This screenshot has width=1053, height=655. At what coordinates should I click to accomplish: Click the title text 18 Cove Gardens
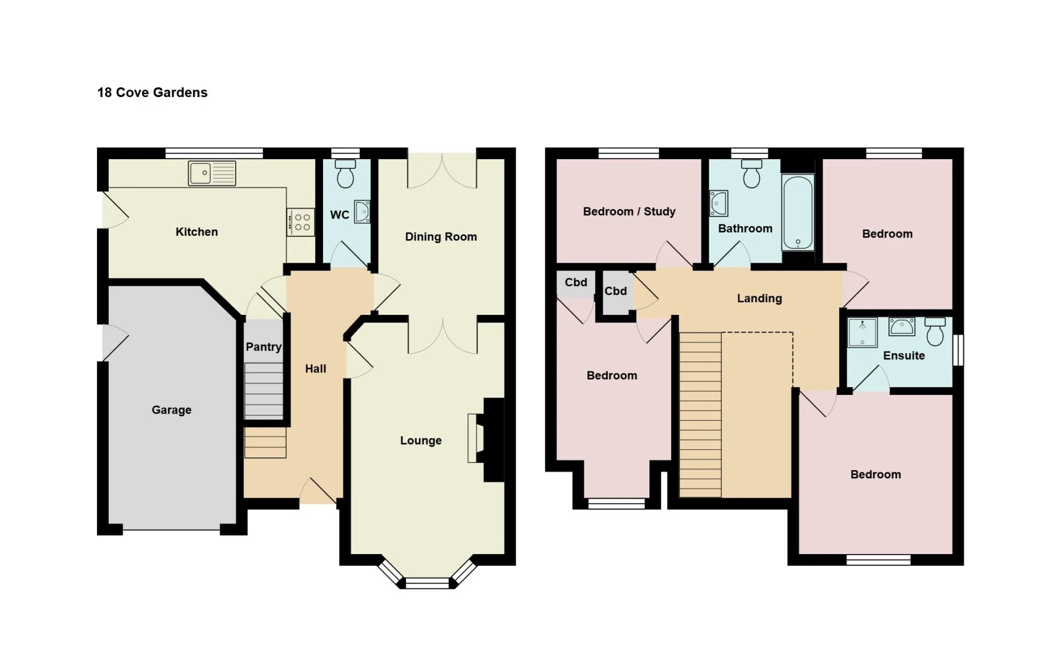click(x=152, y=92)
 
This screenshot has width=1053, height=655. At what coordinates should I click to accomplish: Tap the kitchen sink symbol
click(x=212, y=173)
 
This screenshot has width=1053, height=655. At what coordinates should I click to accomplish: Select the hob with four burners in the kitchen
click(x=301, y=222)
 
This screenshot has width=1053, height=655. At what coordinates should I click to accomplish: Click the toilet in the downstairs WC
click(x=346, y=173)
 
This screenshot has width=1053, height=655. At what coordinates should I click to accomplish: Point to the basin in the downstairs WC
click(x=362, y=212)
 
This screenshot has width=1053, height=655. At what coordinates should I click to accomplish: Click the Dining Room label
click(x=441, y=237)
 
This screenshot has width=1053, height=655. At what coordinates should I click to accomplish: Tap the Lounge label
click(x=421, y=441)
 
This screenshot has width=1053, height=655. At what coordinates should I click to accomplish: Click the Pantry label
click(x=263, y=347)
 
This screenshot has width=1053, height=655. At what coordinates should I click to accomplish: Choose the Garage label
click(x=172, y=410)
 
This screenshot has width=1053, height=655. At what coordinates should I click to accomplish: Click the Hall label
click(x=315, y=369)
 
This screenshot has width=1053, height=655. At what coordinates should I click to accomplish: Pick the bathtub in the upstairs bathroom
click(x=798, y=213)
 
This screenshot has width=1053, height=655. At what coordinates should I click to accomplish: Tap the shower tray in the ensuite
click(x=863, y=332)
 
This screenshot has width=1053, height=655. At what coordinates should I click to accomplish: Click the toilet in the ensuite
click(x=935, y=331)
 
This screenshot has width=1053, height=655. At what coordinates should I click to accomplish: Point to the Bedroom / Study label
click(x=629, y=212)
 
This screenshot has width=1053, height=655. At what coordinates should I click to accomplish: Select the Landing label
click(x=760, y=298)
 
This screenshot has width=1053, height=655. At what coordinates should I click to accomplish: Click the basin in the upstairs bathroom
click(x=718, y=204)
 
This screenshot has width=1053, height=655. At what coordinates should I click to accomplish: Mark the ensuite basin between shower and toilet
click(x=902, y=327)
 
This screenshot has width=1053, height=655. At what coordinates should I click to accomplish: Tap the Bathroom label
click(x=745, y=228)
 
